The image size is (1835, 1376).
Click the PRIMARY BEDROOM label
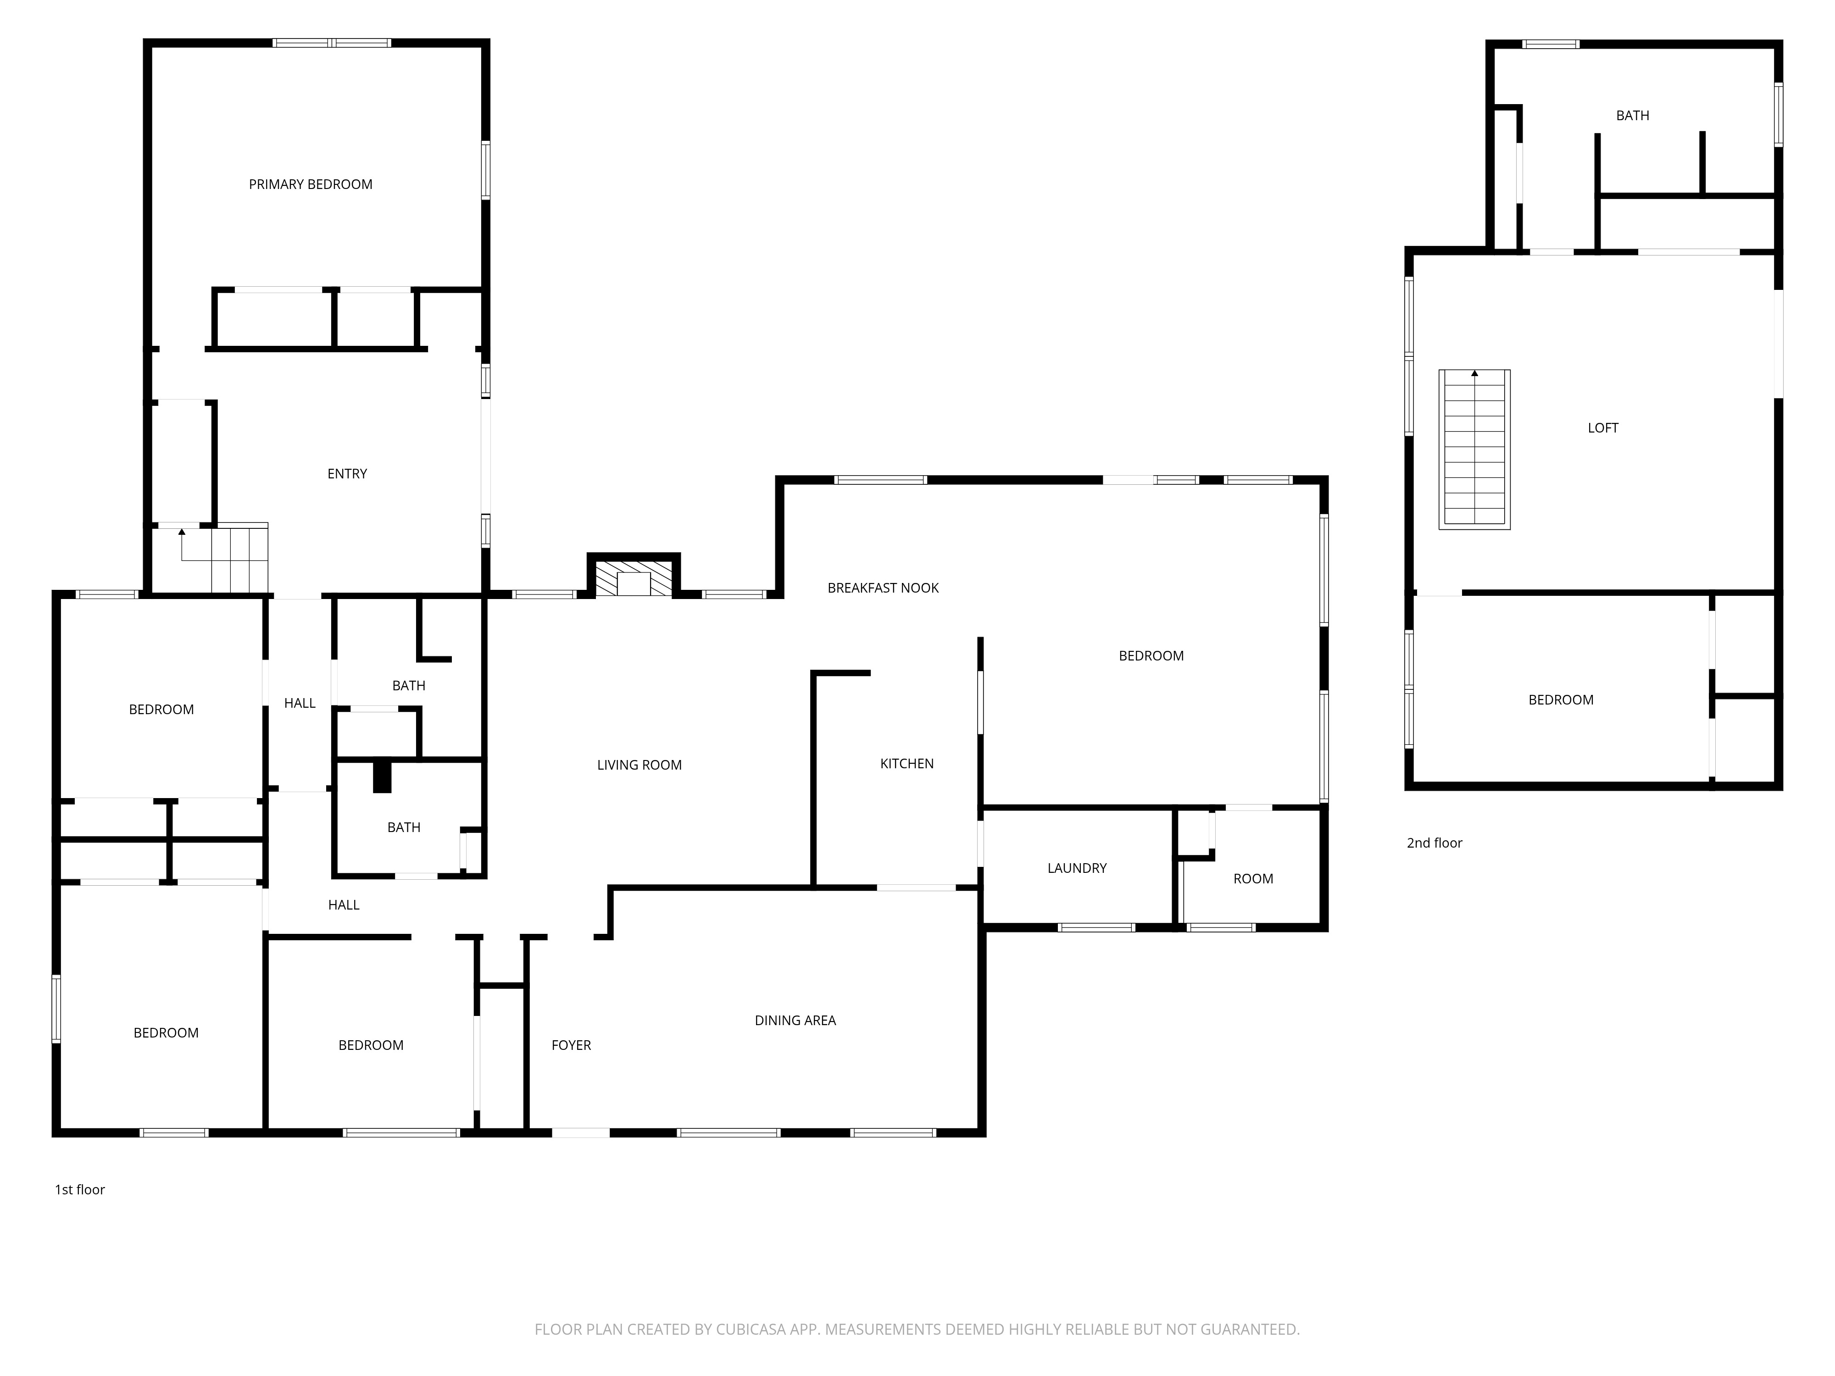[x=310, y=184]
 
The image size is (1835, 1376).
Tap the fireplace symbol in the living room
[x=634, y=578]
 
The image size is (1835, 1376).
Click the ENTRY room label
[x=347, y=474]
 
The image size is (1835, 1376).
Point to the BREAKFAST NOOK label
[x=883, y=588]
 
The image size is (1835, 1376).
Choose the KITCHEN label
[x=906, y=763]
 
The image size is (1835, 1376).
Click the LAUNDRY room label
[x=1077, y=868]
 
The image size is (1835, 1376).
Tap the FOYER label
[x=571, y=1045]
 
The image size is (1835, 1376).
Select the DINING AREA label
[x=795, y=1020]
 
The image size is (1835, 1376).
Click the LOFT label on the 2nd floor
[x=1603, y=428]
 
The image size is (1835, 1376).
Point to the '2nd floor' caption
[x=1435, y=843]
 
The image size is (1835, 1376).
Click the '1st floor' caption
[x=80, y=1189]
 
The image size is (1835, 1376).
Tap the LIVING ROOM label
[x=639, y=765]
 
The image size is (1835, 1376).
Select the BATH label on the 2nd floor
[x=1632, y=115]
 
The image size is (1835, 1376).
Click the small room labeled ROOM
[x=1253, y=878]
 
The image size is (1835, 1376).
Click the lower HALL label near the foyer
[x=344, y=905]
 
